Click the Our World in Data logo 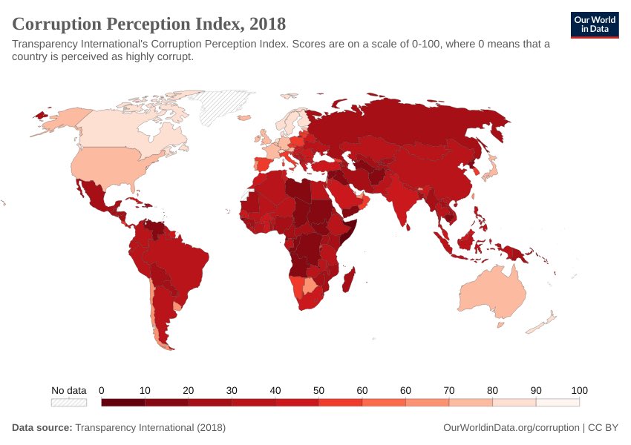tap(595, 24)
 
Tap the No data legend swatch tap(69, 403)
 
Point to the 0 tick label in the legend tap(101, 390)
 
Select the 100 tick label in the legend tap(579, 390)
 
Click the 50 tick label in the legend tap(318, 390)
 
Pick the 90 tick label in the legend tap(536, 390)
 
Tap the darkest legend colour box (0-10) tap(122, 403)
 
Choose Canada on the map tap(119, 130)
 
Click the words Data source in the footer tap(42, 428)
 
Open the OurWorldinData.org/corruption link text tap(510, 428)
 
